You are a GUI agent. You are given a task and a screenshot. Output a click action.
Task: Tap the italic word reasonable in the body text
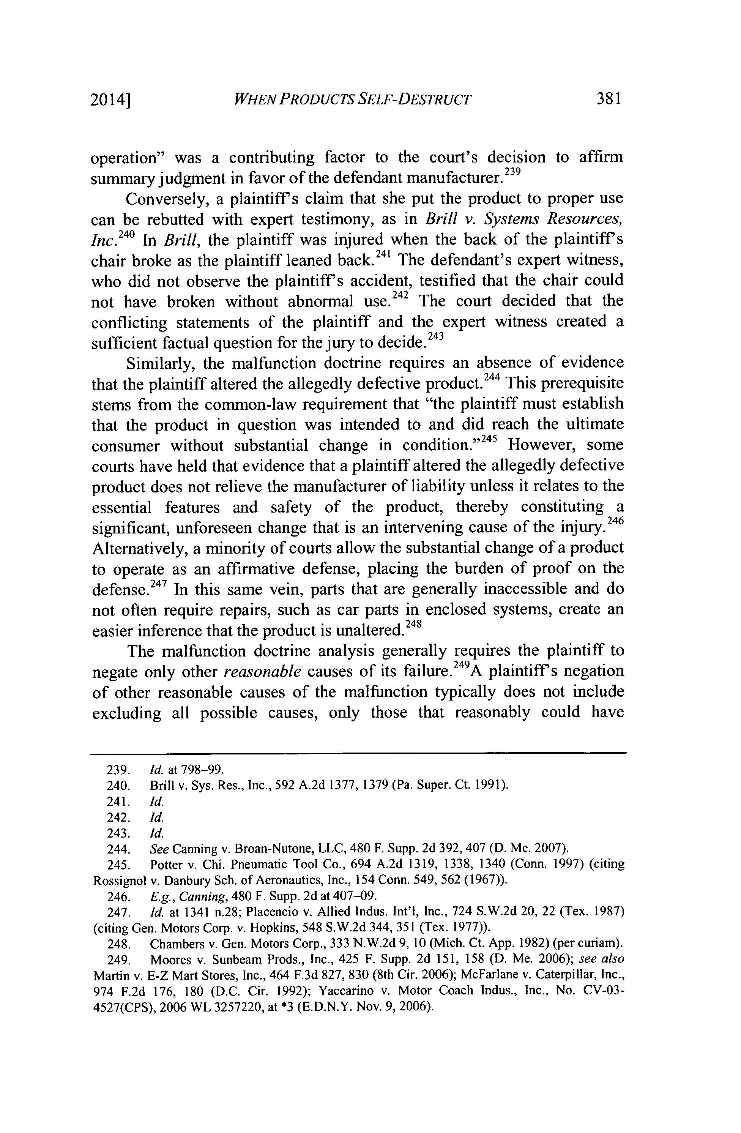tap(262, 672)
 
